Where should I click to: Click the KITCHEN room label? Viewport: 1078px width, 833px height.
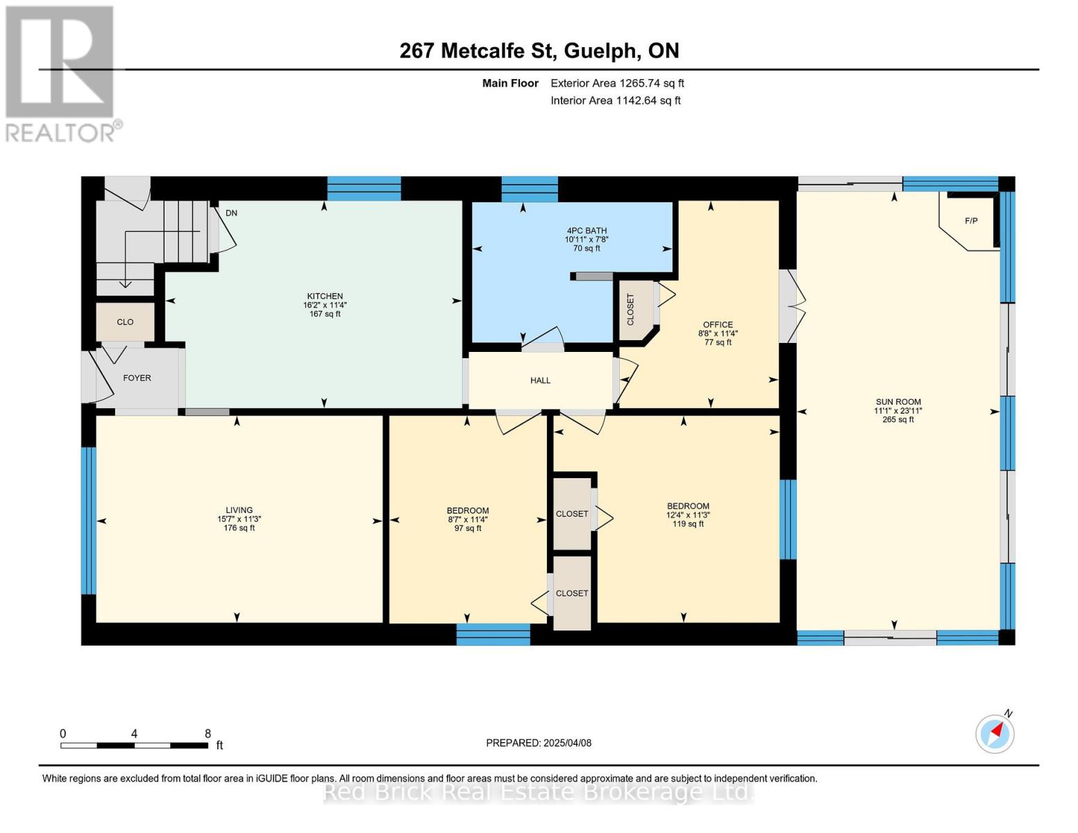pyautogui.click(x=325, y=296)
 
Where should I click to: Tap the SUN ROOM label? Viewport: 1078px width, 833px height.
pyautogui.click(x=898, y=402)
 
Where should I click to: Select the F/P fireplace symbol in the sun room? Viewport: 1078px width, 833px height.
pyautogui.click(x=970, y=221)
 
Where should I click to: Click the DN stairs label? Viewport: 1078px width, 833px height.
pyautogui.click(x=231, y=213)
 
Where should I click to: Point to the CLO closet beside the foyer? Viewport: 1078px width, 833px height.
pyautogui.click(x=125, y=322)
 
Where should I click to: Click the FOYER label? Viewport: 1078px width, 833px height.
pyautogui.click(x=137, y=378)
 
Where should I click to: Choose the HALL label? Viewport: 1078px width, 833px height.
pyautogui.click(x=540, y=380)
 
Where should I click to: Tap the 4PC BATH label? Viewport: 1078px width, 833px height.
pyautogui.click(x=587, y=230)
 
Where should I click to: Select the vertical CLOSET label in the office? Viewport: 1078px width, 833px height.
pyautogui.click(x=630, y=310)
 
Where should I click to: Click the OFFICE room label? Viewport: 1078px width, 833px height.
pyautogui.click(x=718, y=325)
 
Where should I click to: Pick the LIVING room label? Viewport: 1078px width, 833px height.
pyautogui.click(x=239, y=510)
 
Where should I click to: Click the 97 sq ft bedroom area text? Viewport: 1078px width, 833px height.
pyautogui.click(x=468, y=528)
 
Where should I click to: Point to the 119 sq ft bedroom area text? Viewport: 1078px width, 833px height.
pyautogui.click(x=688, y=524)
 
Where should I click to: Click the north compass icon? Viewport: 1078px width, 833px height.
pyautogui.click(x=995, y=734)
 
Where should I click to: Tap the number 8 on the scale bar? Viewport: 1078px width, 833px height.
pyautogui.click(x=208, y=734)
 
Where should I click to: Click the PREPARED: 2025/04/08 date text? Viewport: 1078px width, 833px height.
pyautogui.click(x=539, y=743)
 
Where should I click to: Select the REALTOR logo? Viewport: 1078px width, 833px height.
pyautogui.click(x=61, y=73)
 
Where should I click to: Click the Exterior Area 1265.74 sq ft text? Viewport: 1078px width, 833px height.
pyautogui.click(x=617, y=83)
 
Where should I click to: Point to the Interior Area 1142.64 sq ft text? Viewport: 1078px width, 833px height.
pyautogui.click(x=616, y=101)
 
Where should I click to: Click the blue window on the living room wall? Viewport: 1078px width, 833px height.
pyautogui.click(x=88, y=521)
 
